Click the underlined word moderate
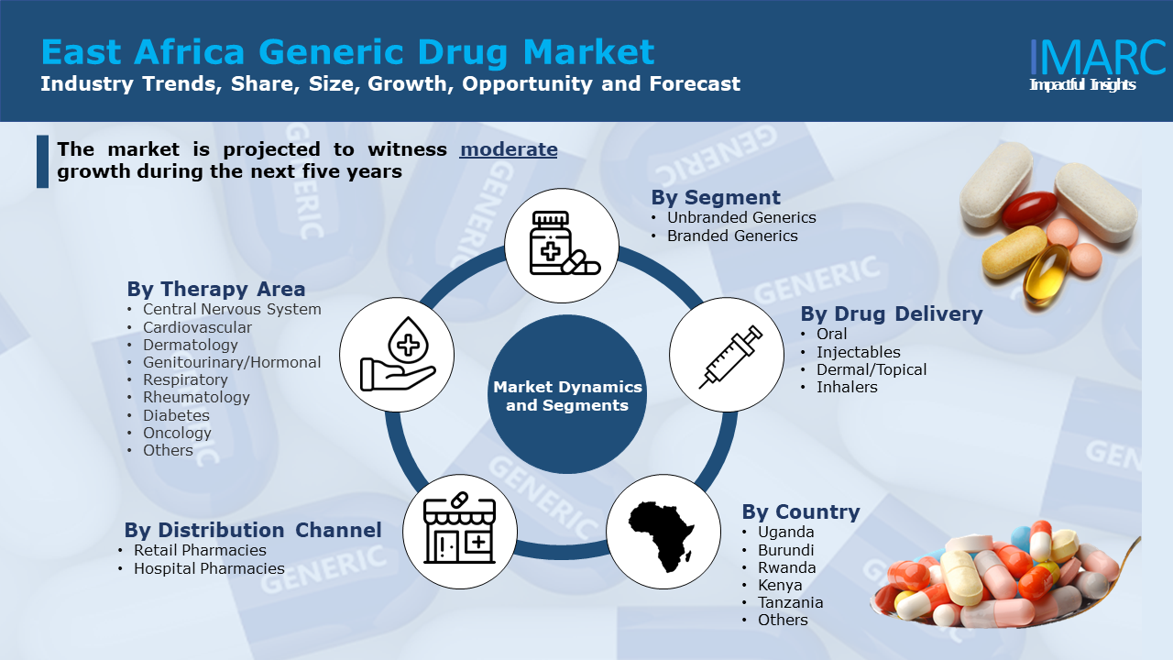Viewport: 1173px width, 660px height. pyautogui.click(x=509, y=149)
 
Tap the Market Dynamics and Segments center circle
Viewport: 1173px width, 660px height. pyautogui.click(x=567, y=395)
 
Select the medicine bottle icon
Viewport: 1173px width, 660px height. pyautogui.click(x=562, y=245)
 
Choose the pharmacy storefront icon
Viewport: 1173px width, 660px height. pyautogui.click(x=459, y=531)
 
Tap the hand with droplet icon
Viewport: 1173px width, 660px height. pyautogui.click(x=397, y=355)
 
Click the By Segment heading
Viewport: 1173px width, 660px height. pyautogui.click(x=716, y=197)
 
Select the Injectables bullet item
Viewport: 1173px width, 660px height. pyautogui.click(x=858, y=352)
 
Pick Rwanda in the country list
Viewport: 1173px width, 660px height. pyautogui.click(x=786, y=567)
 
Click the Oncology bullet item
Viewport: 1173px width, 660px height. pyautogui.click(x=177, y=433)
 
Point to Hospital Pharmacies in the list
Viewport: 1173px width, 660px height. pyautogui.click(x=209, y=568)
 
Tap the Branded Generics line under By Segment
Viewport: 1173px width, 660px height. pyautogui.click(x=732, y=236)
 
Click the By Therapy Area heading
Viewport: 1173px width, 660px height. pyautogui.click(x=216, y=290)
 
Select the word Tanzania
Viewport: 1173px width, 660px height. pyautogui.click(x=790, y=602)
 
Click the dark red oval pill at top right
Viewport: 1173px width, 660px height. pyautogui.click(x=1029, y=210)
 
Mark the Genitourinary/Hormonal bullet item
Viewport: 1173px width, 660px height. pyautogui.click(x=232, y=362)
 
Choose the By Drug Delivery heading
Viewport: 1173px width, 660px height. pyautogui.click(x=891, y=313)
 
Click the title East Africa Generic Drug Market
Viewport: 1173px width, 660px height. pyautogui.click(x=348, y=52)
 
